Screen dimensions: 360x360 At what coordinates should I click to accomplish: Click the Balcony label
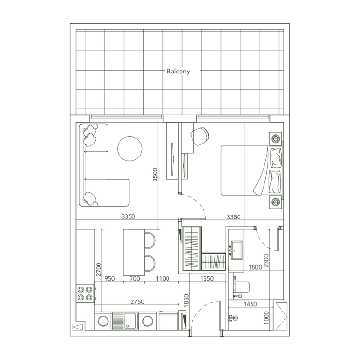coord(178,71)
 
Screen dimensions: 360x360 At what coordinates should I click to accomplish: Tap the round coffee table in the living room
coord(130,149)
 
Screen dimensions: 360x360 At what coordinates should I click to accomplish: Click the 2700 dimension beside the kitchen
coord(98,270)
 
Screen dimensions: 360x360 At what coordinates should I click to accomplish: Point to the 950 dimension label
coord(110,278)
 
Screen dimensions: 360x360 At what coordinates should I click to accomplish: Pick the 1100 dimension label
coord(163,278)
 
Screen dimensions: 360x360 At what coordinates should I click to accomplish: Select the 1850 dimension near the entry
coord(187,301)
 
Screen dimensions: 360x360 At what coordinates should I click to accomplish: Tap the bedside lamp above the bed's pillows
coord(276,140)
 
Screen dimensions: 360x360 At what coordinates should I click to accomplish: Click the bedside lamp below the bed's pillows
coord(276,202)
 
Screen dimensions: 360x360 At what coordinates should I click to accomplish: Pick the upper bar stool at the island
coord(150,240)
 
